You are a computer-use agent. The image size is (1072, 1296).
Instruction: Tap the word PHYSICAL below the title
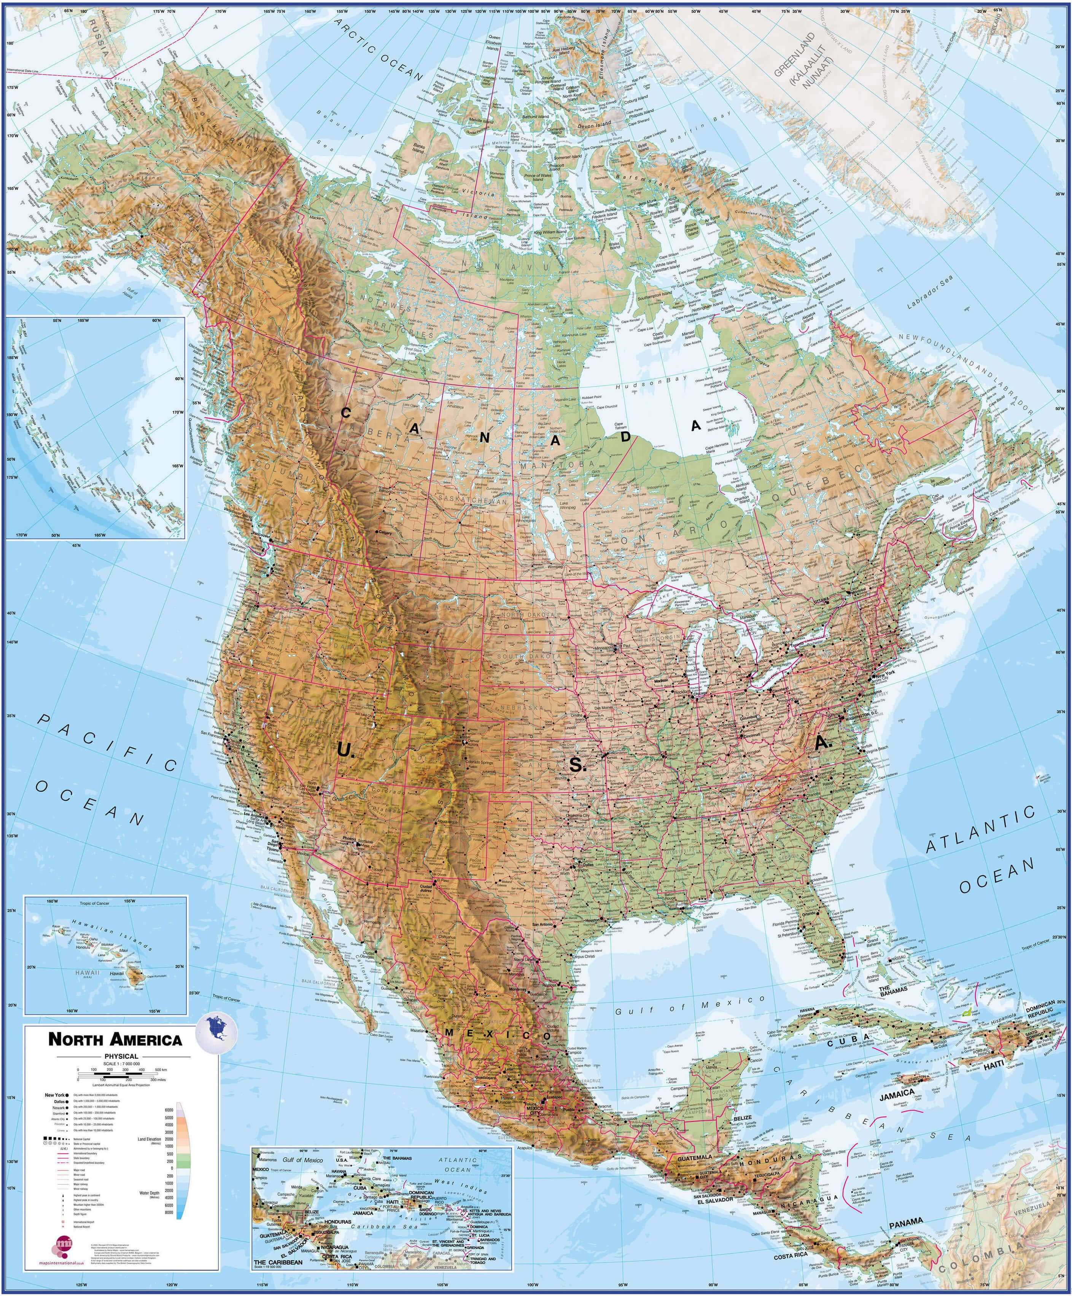(x=121, y=1056)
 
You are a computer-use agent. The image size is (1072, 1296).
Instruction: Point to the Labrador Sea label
(x=929, y=291)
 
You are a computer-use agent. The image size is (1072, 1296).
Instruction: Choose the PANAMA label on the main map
(x=906, y=1221)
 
